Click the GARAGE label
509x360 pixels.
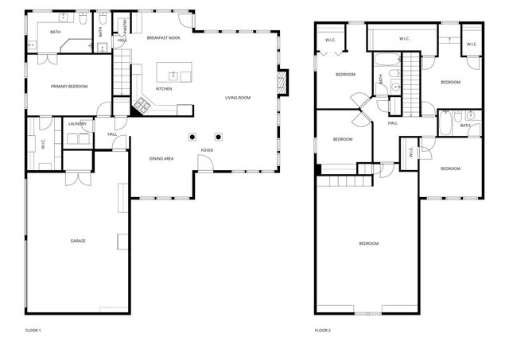coord(77,241)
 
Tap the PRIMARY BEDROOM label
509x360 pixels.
coord(69,86)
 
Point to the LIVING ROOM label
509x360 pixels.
coord(237,98)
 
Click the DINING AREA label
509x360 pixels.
coord(161,159)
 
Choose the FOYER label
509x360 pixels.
coord(207,149)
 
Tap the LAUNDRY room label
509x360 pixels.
coord(77,124)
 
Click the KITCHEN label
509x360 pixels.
coord(164,88)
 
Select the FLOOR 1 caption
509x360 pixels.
coord(33,330)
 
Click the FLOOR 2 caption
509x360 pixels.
coord(322,330)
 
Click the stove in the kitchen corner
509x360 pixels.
coord(143,104)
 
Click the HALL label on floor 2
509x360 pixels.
coord(393,123)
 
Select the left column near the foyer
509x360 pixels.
coord(192,136)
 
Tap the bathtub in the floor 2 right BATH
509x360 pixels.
coord(446,124)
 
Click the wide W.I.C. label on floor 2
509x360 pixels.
coord(403,38)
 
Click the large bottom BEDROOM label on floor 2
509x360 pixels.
coord(368,243)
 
